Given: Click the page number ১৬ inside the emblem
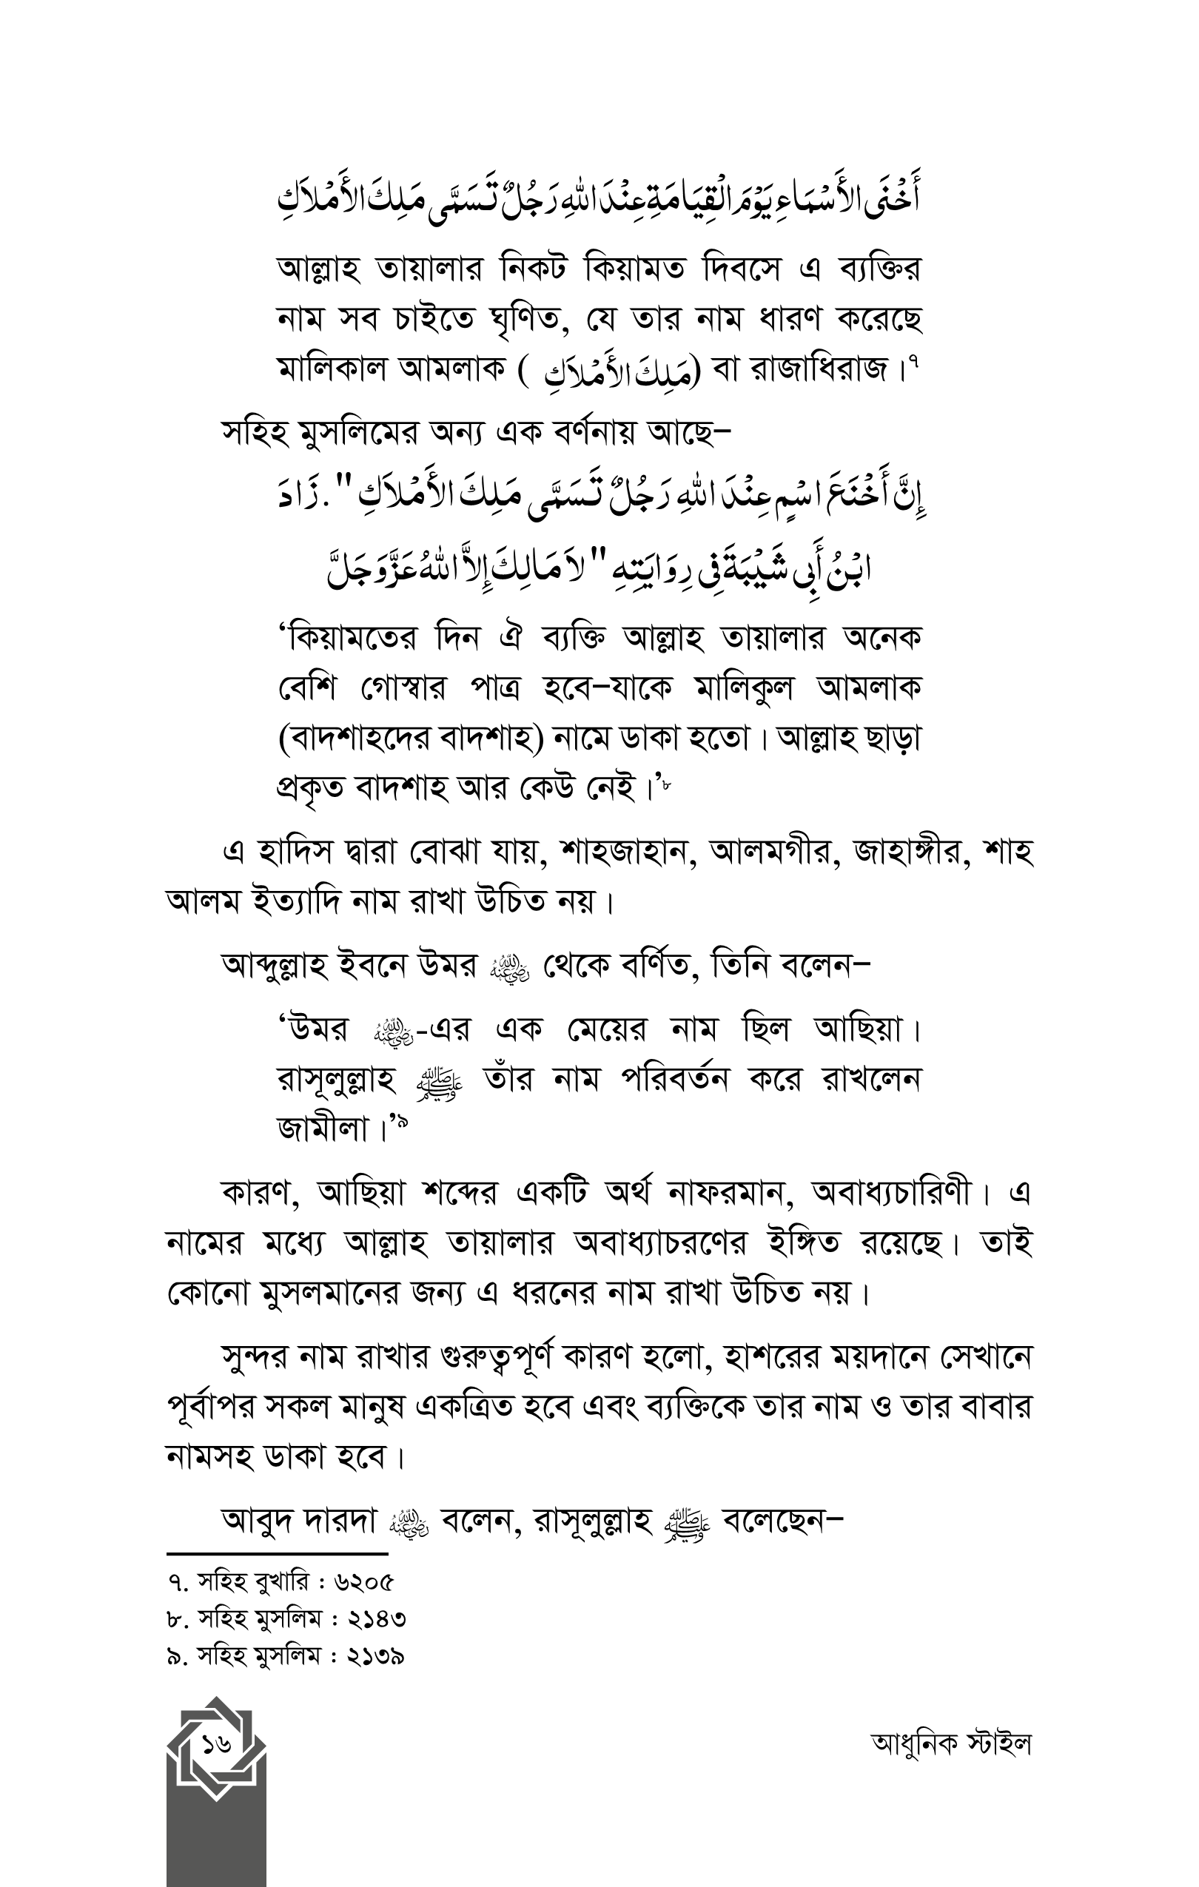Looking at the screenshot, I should [x=216, y=1744].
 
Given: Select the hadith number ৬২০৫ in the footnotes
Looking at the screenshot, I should [x=363, y=1582].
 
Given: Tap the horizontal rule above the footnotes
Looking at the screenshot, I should [x=278, y=1553].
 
